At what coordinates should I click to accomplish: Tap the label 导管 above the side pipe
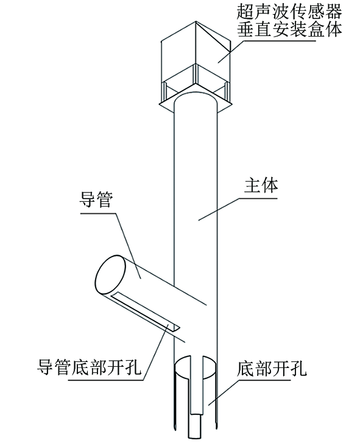(96, 200)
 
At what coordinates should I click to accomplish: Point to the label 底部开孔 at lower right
(272, 369)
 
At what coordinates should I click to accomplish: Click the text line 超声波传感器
(289, 12)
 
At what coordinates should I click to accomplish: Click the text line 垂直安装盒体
(289, 29)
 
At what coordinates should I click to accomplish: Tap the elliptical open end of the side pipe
(110, 275)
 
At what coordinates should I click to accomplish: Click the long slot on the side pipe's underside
(145, 313)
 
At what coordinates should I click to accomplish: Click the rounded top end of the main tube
(196, 98)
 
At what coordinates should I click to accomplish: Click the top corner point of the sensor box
(196, 21)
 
